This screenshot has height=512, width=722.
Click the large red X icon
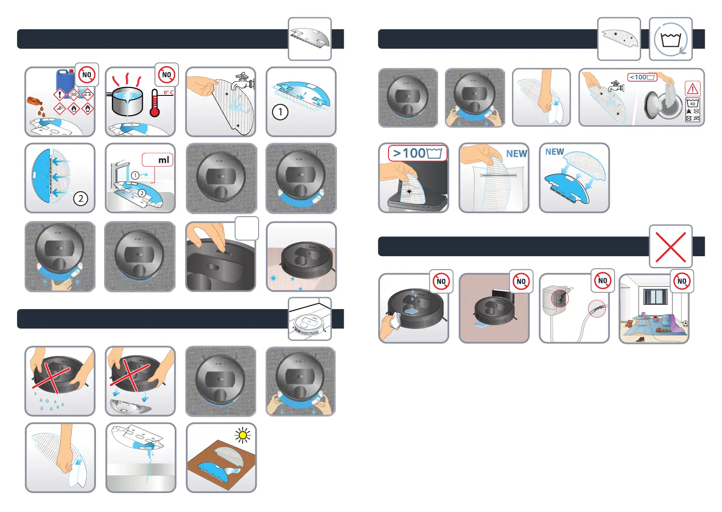[670, 247]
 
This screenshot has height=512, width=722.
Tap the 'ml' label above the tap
[164, 160]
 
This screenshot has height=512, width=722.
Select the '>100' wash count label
[417, 153]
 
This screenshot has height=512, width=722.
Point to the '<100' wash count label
[642, 77]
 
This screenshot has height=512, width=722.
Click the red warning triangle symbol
[692, 89]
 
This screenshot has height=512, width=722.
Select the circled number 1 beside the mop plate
[280, 112]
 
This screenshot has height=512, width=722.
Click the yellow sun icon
[243, 435]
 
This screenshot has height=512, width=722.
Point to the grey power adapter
[555, 301]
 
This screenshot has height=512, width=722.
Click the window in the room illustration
[655, 297]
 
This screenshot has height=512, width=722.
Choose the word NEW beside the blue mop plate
[554, 152]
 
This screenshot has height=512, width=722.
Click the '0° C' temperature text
[168, 92]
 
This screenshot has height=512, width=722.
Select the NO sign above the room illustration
[682, 281]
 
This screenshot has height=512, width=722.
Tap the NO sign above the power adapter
[602, 281]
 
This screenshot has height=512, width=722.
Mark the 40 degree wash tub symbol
[692, 103]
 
